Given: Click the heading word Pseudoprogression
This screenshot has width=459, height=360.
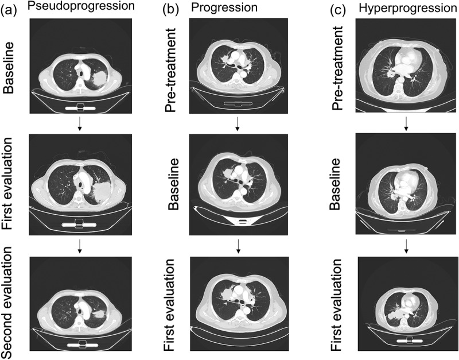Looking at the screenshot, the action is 81,6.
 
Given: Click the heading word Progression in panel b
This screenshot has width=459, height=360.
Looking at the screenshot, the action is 224,7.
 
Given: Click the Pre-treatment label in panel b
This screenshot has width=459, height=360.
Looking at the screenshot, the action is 171,70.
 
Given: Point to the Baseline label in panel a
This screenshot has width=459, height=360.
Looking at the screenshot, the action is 9,68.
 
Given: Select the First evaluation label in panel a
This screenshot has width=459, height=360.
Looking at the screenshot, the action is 8,184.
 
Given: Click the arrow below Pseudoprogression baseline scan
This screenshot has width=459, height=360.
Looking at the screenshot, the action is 80,124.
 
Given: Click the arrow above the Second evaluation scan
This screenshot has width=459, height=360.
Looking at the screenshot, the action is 80,246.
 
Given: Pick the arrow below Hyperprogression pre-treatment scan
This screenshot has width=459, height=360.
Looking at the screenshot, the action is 406,124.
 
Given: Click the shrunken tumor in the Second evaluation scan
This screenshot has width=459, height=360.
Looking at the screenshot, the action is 99,315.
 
